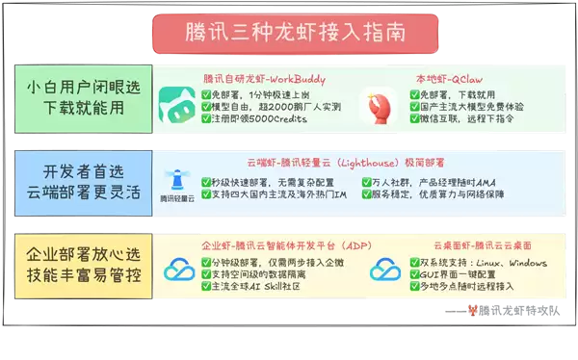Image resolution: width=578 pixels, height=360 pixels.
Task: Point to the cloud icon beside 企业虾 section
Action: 179,270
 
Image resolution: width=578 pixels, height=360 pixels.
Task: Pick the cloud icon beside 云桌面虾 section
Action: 386,270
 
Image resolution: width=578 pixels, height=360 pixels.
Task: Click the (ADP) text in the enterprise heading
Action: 356,244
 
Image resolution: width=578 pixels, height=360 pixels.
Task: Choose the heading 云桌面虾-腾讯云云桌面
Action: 466,244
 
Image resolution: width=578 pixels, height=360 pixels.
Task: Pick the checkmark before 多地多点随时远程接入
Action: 415,288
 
